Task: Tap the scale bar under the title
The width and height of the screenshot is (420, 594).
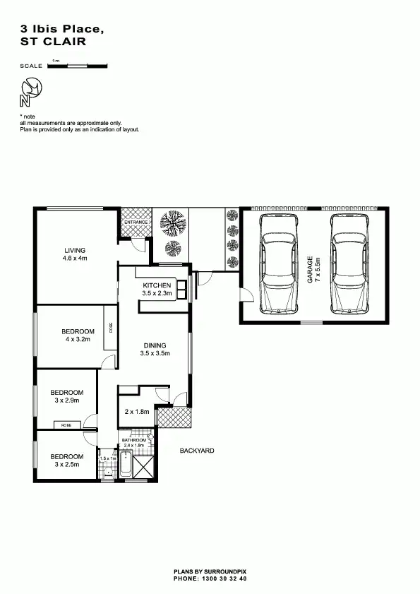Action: [77, 66]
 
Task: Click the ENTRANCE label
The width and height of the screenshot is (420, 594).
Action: [136, 222]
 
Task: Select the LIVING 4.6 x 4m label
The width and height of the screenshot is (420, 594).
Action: [74, 254]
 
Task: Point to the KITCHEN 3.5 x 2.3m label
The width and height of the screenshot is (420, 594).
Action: [156, 289]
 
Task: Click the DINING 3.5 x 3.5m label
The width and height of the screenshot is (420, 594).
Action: [157, 349]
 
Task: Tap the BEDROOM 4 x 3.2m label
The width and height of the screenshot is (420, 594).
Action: [78, 335]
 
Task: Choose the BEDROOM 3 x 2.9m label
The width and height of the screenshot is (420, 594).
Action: [67, 396]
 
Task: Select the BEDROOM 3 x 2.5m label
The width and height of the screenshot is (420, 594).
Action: [67, 461]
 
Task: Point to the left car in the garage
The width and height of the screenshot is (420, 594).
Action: [281, 263]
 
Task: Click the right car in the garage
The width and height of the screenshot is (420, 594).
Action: [349, 263]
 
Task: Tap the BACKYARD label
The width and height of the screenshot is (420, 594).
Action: [196, 451]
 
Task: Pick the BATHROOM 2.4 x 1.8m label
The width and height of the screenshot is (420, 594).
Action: [133, 443]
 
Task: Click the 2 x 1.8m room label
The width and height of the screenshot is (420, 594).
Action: [137, 412]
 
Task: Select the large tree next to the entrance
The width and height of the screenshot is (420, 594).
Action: [172, 225]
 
